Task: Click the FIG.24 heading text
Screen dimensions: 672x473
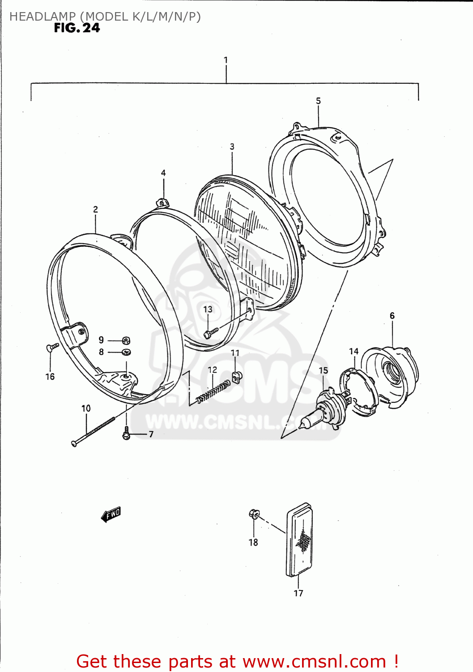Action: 77,28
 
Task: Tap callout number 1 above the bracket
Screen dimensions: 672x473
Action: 226,60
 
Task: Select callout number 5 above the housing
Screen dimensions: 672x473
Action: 318,101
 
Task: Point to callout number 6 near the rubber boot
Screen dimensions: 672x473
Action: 392,315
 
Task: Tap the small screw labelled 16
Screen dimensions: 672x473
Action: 52,347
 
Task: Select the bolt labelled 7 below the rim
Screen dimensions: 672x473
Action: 126,434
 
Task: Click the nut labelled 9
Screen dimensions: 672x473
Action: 126,340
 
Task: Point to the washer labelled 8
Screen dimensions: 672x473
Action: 126,352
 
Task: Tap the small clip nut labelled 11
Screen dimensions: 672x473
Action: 236,377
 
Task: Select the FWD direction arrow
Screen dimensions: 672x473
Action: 111,514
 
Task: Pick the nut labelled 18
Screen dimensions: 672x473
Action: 254,514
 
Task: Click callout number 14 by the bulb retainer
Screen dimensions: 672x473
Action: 354,351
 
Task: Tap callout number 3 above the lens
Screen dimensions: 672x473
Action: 232,146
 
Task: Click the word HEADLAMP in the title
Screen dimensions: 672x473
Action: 43,17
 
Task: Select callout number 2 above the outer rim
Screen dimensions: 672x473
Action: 95,209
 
